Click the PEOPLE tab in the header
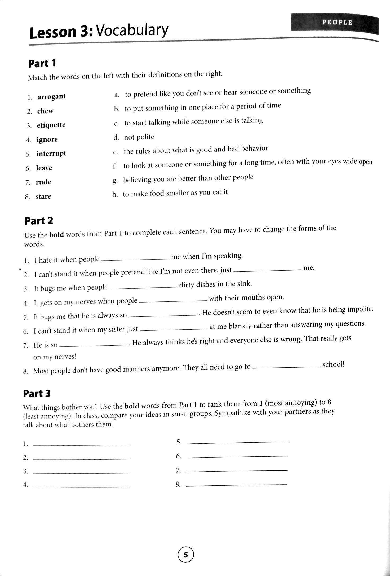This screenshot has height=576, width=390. pyautogui.click(x=337, y=22)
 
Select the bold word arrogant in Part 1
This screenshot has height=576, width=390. pyautogui.click(x=51, y=97)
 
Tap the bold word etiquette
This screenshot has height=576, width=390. pyautogui.click(x=51, y=125)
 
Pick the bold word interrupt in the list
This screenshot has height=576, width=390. pyautogui.click(x=51, y=154)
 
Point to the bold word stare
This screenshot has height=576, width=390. pyautogui.click(x=43, y=196)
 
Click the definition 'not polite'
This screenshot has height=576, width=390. pyautogui.click(x=139, y=137)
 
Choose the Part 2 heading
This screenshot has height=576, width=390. pyautogui.click(x=39, y=221)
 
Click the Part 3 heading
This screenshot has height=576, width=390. pyautogui.click(x=37, y=394)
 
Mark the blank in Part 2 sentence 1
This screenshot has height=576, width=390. pyautogui.click(x=135, y=260)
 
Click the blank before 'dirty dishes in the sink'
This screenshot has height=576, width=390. pyautogui.click(x=143, y=288)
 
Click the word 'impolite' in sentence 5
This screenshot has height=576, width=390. pyautogui.click(x=360, y=309)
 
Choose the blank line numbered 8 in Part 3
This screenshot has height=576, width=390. pyautogui.click(x=237, y=485)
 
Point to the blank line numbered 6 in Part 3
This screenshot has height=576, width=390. pyautogui.click(x=237, y=456)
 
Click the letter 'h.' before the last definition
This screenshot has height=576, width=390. pyautogui.click(x=115, y=195)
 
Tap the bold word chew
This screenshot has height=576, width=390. pyautogui.click(x=45, y=111)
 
